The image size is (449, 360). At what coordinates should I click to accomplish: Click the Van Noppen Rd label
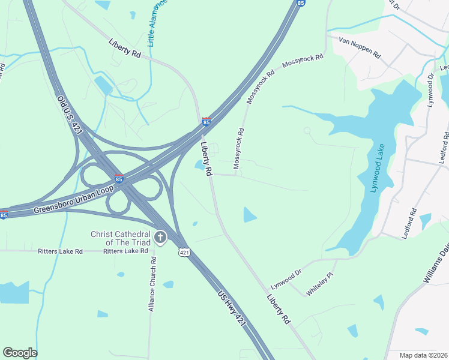point(360,47)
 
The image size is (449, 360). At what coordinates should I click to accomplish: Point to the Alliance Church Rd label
point(152,284)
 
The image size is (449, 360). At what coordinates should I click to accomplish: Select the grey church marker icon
point(160,237)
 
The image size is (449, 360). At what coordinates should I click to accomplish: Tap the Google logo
point(20,353)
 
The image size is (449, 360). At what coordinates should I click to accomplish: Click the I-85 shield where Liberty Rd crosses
point(206,122)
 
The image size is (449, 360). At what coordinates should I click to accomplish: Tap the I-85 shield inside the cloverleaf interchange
point(119,178)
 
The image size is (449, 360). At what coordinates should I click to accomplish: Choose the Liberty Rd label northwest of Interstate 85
point(125,48)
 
